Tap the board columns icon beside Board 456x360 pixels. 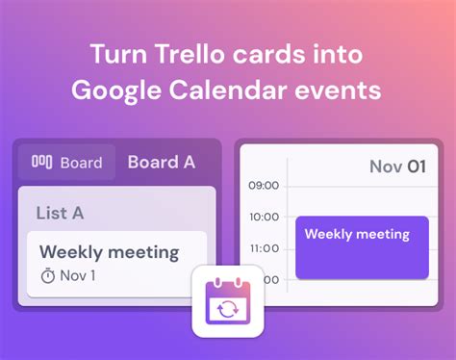click(x=42, y=163)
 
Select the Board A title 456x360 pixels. click(x=161, y=162)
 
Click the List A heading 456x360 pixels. click(x=60, y=213)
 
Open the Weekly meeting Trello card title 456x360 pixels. click(x=110, y=252)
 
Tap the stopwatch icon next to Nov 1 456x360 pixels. click(x=47, y=276)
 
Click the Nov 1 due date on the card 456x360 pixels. click(x=77, y=276)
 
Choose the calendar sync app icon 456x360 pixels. click(x=228, y=300)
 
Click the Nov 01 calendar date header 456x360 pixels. click(x=396, y=167)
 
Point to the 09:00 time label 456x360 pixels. click(x=264, y=185)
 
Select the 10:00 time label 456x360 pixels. click(x=264, y=218)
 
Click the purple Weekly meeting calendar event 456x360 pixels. click(x=361, y=247)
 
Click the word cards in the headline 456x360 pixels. click(x=273, y=54)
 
